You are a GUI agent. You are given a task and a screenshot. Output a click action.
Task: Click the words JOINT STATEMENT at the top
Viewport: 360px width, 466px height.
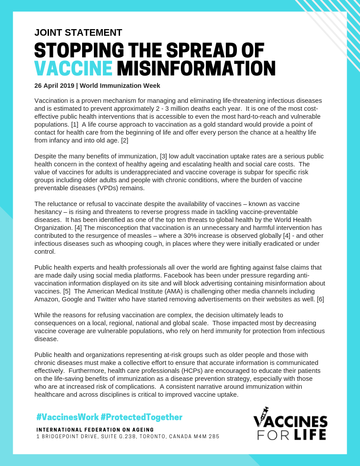tap(78, 33)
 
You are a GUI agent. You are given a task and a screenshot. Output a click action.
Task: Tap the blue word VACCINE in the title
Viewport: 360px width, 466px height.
tap(73, 68)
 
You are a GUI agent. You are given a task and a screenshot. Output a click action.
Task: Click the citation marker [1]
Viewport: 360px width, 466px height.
tap(75, 124)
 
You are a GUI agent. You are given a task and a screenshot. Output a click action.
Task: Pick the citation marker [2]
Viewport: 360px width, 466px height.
tap(124, 140)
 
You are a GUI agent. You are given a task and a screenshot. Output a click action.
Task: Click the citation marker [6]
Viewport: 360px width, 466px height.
tap(320, 299)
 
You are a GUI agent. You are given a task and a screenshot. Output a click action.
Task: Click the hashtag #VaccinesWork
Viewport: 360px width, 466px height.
tap(67, 417)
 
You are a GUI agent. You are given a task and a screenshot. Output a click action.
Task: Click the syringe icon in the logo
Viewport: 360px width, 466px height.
tap(263, 414)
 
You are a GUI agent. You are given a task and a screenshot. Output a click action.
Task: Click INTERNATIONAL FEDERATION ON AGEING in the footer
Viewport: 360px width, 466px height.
tap(95, 430)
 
